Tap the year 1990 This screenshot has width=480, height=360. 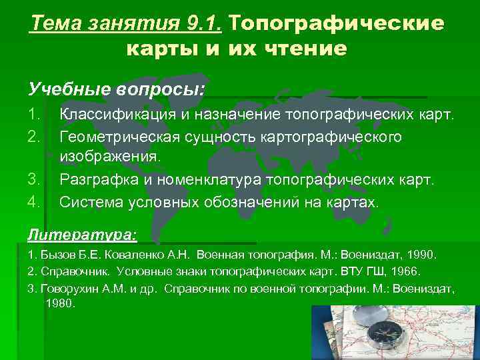[x=420, y=255]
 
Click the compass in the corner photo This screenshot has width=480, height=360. [x=381, y=331]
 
